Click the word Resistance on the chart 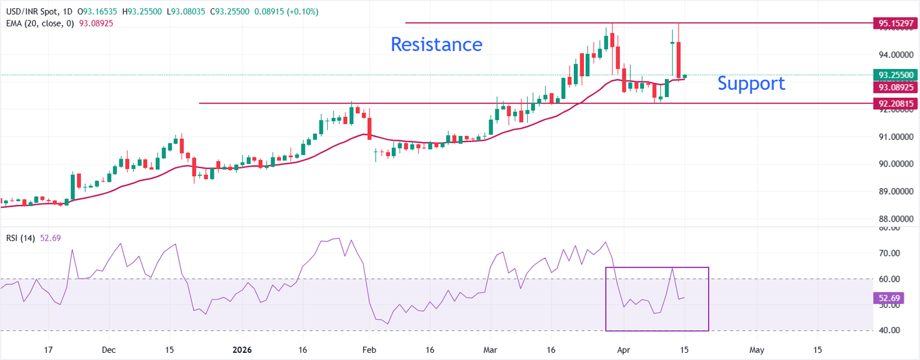pyautogui.click(x=436, y=44)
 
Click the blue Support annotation pyautogui.click(x=751, y=83)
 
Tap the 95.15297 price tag pyautogui.click(x=895, y=24)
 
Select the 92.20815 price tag pyautogui.click(x=895, y=104)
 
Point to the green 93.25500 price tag pyautogui.click(x=895, y=75)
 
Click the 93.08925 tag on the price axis pyautogui.click(x=895, y=87)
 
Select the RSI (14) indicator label pyautogui.click(x=21, y=238)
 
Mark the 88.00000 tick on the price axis pyautogui.click(x=895, y=219)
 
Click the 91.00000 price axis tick pyautogui.click(x=895, y=137)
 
